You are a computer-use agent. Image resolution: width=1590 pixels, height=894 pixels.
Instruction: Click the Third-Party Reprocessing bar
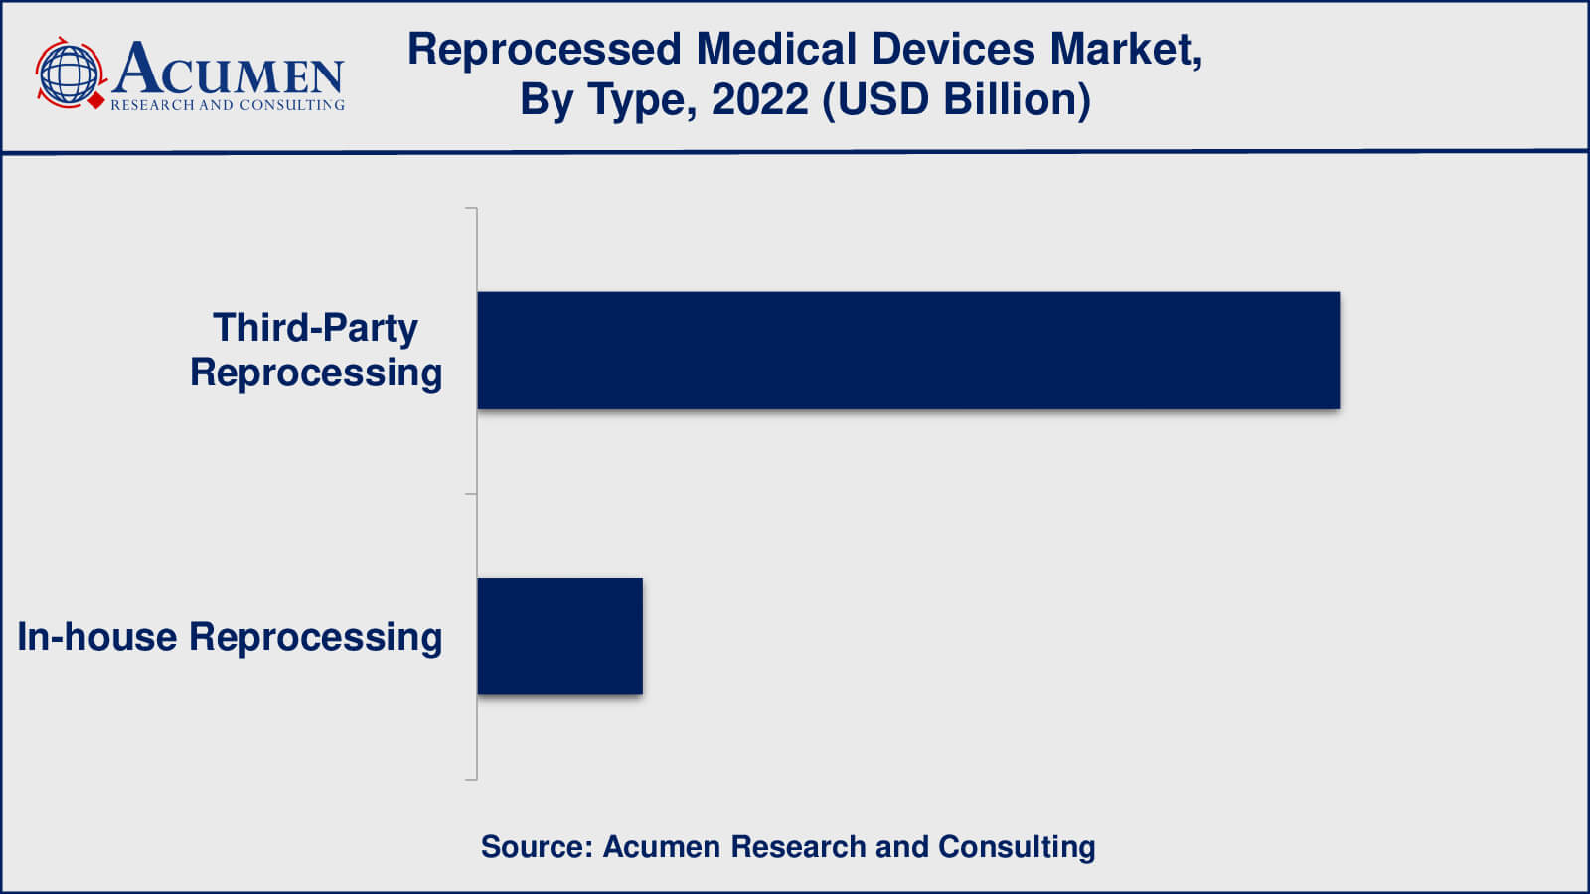tap(908, 350)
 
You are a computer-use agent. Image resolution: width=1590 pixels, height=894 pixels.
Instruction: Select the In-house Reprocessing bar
tap(559, 636)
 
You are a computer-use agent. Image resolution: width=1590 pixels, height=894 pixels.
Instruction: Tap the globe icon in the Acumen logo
tap(69, 74)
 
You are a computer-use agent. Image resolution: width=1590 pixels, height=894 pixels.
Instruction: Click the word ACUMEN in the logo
tap(229, 70)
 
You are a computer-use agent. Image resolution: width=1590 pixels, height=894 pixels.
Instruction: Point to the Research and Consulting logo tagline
tap(228, 105)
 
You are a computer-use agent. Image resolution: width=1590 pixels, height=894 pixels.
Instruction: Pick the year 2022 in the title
tap(760, 99)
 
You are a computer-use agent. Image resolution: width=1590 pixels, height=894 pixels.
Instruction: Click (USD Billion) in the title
tap(957, 99)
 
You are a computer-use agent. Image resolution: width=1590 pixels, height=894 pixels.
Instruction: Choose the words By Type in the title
tap(607, 100)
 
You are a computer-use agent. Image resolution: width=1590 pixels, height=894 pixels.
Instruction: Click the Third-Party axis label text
tap(315, 328)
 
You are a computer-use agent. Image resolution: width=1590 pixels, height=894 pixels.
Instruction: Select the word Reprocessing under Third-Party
tap(316, 373)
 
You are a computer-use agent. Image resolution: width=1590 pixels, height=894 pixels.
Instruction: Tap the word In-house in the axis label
tap(97, 637)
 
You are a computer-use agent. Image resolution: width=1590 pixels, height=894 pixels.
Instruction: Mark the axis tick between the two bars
tap(471, 494)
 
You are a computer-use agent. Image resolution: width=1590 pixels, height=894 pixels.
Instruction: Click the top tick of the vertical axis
tap(471, 208)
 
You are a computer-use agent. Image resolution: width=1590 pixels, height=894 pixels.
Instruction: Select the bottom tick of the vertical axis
tap(471, 780)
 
